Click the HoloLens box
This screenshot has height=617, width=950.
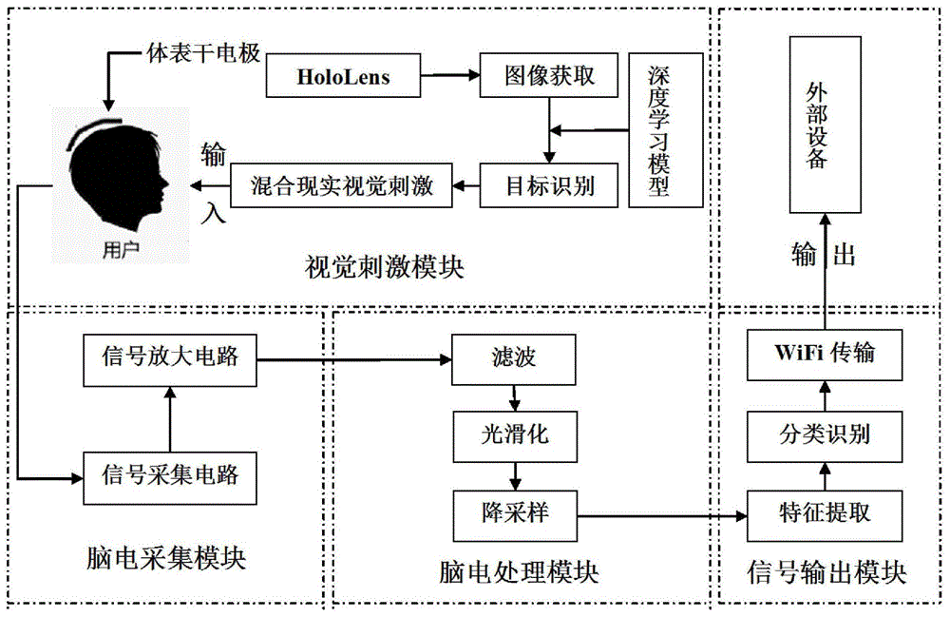(343, 77)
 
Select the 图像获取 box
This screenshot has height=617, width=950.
(550, 76)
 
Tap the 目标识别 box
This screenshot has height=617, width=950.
(550, 185)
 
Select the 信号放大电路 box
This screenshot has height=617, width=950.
(169, 359)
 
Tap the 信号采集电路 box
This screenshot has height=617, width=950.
(169, 472)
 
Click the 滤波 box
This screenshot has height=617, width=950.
(514, 359)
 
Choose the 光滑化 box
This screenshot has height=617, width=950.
(514, 436)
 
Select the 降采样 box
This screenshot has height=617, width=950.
(514, 513)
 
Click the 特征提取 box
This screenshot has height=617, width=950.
(823, 513)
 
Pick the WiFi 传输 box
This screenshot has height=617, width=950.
(823, 355)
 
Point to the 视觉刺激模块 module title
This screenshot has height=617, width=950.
(384, 267)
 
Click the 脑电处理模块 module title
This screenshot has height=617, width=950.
(519, 572)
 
